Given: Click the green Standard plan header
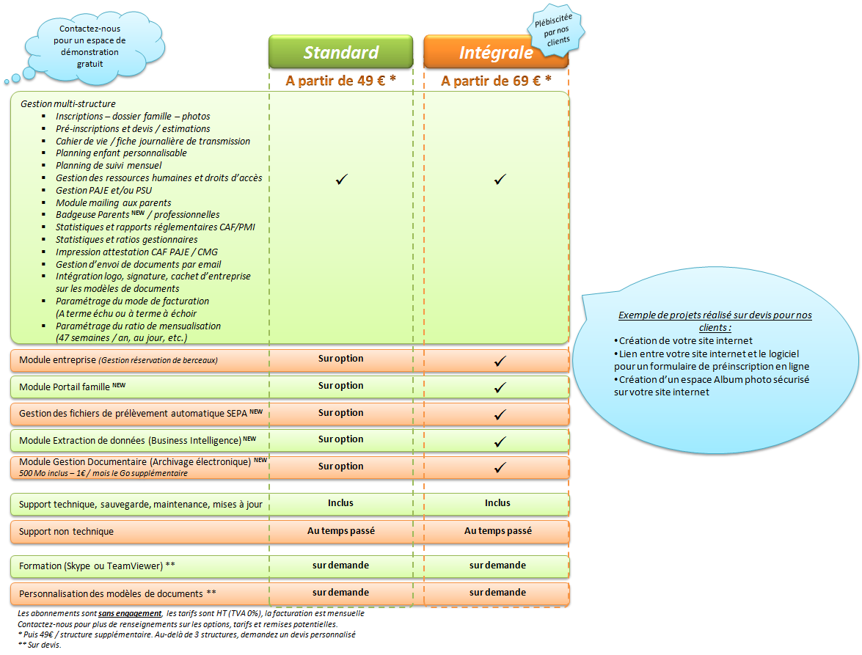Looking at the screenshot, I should click(x=341, y=52).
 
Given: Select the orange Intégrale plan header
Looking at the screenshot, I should click(x=496, y=52).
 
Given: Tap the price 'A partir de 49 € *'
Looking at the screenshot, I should click(x=341, y=81).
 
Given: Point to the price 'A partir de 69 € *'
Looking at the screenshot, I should click(x=496, y=81).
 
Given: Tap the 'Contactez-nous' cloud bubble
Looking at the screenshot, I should click(x=90, y=46).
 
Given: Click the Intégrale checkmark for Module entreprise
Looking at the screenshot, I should click(x=500, y=361).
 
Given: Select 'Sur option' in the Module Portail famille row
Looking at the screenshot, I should click(x=340, y=386).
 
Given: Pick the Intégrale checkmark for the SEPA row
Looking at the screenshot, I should click(x=500, y=414).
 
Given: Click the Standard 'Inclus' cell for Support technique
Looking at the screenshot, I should click(x=340, y=503).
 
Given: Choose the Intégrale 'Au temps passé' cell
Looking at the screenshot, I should click(x=498, y=530).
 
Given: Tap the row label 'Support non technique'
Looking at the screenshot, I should click(x=67, y=531).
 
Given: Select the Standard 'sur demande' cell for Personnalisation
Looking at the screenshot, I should click(x=340, y=592).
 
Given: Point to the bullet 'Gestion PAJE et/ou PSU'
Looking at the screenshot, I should click(x=103, y=191).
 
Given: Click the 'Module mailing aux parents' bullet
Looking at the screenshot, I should click(x=113, y=203).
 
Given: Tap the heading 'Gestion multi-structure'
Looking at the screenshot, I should click(x=68, y=104).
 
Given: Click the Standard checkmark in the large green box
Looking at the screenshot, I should click(x=341, y=179).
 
